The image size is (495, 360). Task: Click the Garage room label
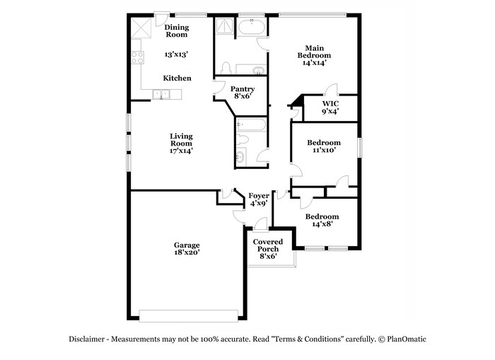pyautogui.click(x=187, y=245)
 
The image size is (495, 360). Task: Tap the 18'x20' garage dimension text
pyautogui.click(x=187, y=252)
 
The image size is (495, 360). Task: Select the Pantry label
pyautogui.click(x=243, y=89)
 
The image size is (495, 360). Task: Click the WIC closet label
pyautogui.click(x=330, y=103)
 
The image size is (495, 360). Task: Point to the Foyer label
pyautogui.click(x=259, y=196)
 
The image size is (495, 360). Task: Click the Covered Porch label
pyautogui.click(x=268, y=245)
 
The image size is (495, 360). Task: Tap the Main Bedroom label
pyautogui.click(x=314, y=52)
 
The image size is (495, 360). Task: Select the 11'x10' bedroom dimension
pyautogui.click(x=324, y=150)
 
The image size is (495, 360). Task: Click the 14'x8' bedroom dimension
pyautogui.click(x=322, y=224)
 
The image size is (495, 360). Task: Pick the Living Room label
pyautogui.click(x=181, y=140)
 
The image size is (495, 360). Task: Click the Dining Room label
pyautogui.click(x=177, y=31)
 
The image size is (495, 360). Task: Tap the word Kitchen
pyautogui.click(x=177, y=78)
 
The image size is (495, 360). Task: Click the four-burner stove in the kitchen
pyautogui.click(x=138, y=57)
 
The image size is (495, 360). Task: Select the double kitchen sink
pyautogui.click(x=161, y=94)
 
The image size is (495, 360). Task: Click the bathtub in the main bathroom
pyautogui.click(x=252, y=27)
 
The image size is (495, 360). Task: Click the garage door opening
pyautogui.click(x=189, y=315)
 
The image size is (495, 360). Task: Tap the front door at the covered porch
pyautogui.click(x=261, y=225)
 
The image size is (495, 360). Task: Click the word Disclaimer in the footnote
pyautogui.click(x=86, y=339)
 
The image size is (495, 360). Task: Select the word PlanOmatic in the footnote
pyautogui.click(x=407, y=339)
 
